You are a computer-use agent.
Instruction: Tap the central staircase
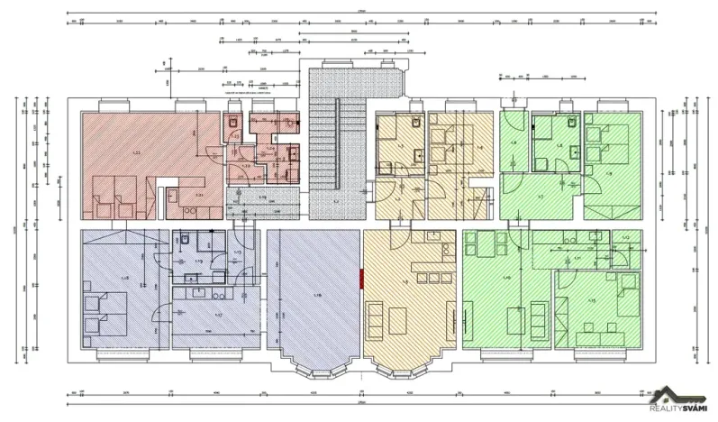(x=334, y=144)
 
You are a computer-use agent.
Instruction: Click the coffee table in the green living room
(x=514, y=320)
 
